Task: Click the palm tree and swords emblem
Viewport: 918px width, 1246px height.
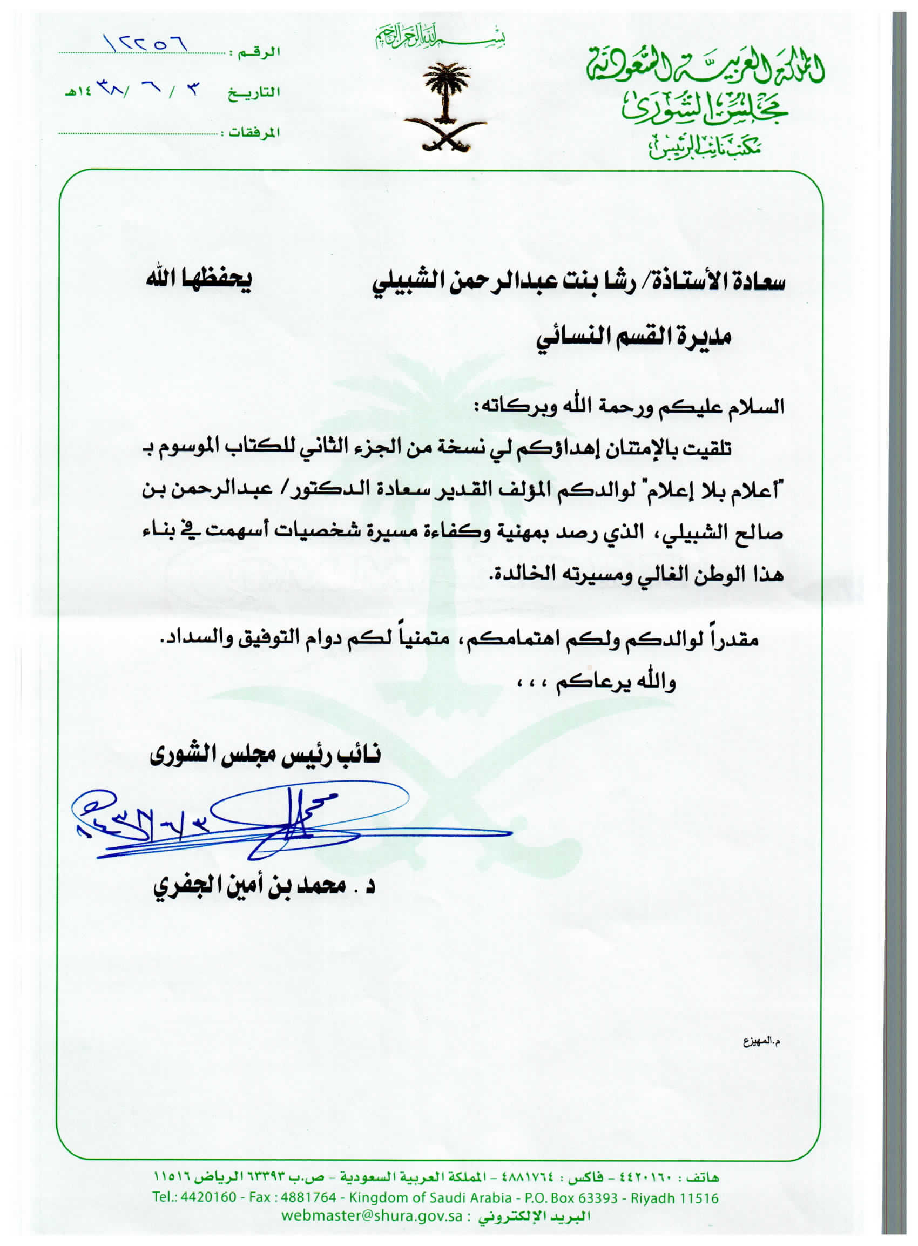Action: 445,108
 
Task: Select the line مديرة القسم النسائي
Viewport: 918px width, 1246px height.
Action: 633,338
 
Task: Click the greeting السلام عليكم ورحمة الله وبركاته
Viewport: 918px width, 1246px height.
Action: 628,406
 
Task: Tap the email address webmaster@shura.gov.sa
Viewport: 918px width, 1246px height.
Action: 372,1215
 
